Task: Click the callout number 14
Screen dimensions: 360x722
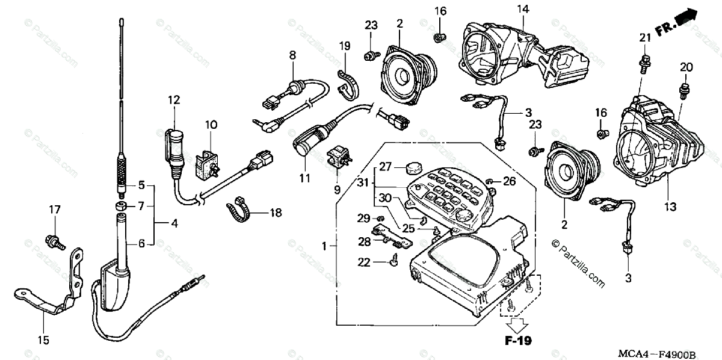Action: [x=522, y=9]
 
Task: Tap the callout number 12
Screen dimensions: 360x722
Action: [x=174, y=99]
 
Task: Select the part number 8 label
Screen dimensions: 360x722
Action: [x=292, y=55]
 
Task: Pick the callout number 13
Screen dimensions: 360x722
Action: [x=670, y=206]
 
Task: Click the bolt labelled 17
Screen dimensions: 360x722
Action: [x=54, y=241]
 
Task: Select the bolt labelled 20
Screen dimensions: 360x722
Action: [x=684, y=89]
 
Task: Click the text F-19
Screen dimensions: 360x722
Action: [x=518, y=342]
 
